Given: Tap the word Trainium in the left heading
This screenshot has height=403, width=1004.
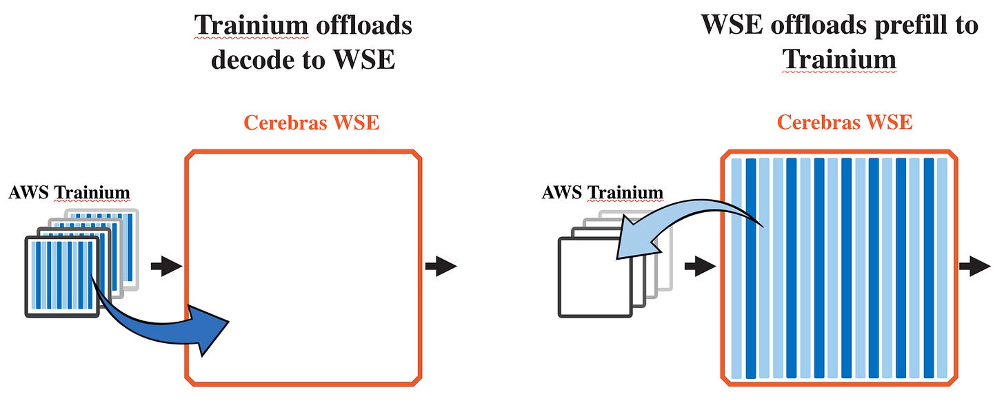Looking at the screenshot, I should tap(251, 25).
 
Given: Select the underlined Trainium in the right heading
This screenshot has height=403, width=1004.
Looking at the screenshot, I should tap(839, 59).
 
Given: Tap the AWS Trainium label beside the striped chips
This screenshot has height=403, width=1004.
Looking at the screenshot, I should tap(69, 192).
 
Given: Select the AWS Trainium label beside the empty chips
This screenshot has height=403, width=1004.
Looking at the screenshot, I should tap(602, 192).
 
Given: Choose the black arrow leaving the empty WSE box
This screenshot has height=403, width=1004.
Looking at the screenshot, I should tap(441, 266).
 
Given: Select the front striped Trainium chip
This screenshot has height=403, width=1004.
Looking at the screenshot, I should tap(63, 276).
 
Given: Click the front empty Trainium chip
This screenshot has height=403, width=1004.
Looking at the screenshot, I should tap(595, 277).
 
